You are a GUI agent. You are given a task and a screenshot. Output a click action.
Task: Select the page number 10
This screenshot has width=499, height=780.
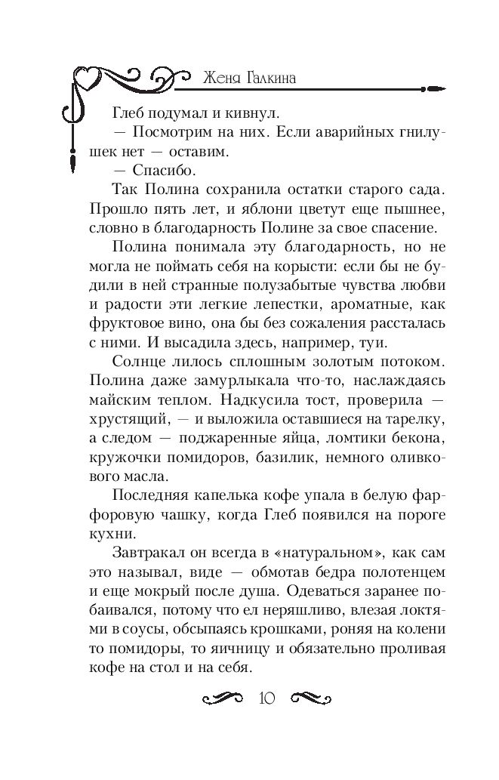coord(267,697)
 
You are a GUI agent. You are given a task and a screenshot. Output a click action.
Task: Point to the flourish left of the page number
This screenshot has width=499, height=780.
coord(226,697)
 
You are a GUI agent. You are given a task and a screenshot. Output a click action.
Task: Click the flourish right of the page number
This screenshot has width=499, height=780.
coord(310,697)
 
